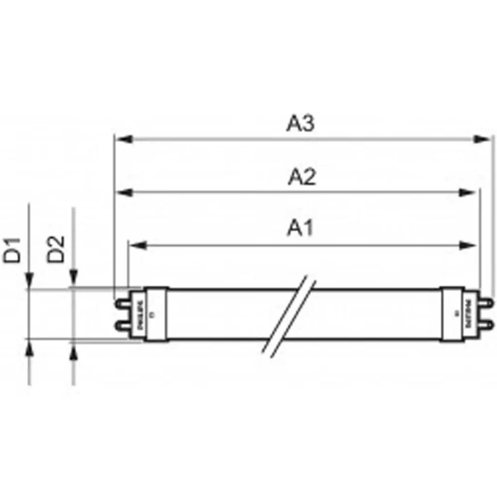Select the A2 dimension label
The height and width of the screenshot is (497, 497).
pos(301,177)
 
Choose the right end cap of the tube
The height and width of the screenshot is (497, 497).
pos(457,314)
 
